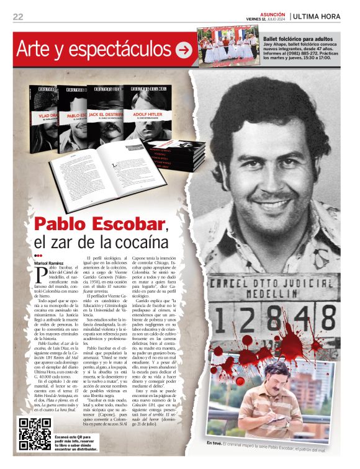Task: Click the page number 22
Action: coord(18,17)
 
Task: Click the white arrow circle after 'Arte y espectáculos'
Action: coord(184,50)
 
